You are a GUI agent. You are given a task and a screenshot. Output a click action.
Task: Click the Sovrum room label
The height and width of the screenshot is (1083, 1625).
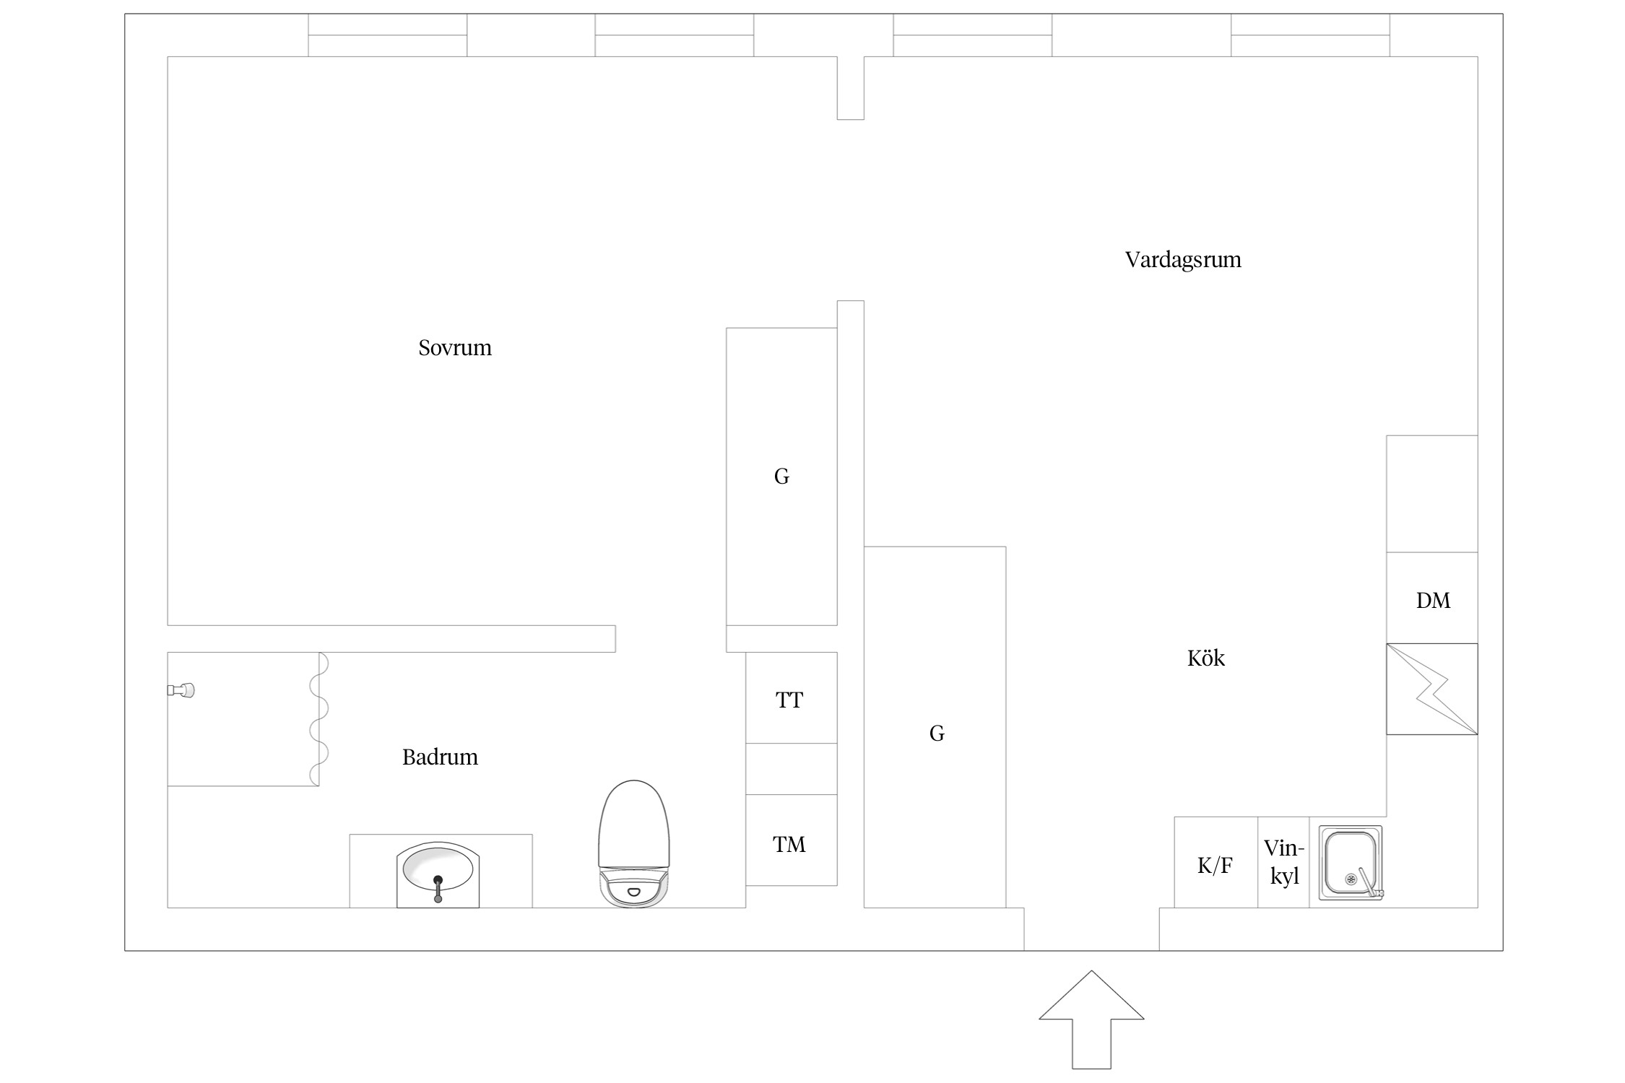pos(455,348)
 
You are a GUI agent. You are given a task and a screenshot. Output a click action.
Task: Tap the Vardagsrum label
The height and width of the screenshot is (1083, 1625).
pos(1183,260)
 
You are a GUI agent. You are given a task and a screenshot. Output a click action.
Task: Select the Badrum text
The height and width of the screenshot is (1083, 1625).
pos(440,757)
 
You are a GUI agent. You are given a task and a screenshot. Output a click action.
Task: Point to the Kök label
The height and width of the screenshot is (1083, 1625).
pos(1206,658)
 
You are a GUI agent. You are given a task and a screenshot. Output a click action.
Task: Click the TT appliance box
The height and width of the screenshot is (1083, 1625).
pos(792,698)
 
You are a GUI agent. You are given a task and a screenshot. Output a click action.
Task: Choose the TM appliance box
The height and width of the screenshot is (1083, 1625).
pos(792,840)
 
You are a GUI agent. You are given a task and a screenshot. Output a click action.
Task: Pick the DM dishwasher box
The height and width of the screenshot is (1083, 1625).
pos(1432,598)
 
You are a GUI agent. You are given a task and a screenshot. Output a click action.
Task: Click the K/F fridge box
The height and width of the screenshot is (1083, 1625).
pos(1216,862)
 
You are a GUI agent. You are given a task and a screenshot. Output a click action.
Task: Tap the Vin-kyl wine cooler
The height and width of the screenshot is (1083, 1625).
pos(1284,862)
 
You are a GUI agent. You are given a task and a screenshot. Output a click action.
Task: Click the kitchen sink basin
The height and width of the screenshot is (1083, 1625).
pos(1351,863)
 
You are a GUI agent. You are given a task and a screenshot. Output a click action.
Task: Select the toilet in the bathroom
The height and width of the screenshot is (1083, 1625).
pos(634,843)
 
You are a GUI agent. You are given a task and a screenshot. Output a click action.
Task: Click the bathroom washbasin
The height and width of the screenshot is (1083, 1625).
pos(438,874)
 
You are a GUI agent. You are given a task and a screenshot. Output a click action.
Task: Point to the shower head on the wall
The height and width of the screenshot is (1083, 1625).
pos(181,690)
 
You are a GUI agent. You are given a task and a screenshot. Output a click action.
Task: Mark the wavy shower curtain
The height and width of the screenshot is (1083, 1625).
pos(318,719)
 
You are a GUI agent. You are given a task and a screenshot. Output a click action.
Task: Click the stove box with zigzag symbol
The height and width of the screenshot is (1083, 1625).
pos(1432,689)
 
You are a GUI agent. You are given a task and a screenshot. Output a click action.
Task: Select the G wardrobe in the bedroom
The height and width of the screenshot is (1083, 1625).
pos(782,477)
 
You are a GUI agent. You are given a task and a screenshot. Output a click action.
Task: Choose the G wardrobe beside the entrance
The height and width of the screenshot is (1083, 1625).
pos(935,727)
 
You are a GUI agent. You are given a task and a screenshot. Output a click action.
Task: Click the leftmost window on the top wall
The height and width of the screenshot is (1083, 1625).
pos(388,35)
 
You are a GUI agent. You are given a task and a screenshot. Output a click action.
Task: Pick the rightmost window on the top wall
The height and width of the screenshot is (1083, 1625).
pos(1311,35)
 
